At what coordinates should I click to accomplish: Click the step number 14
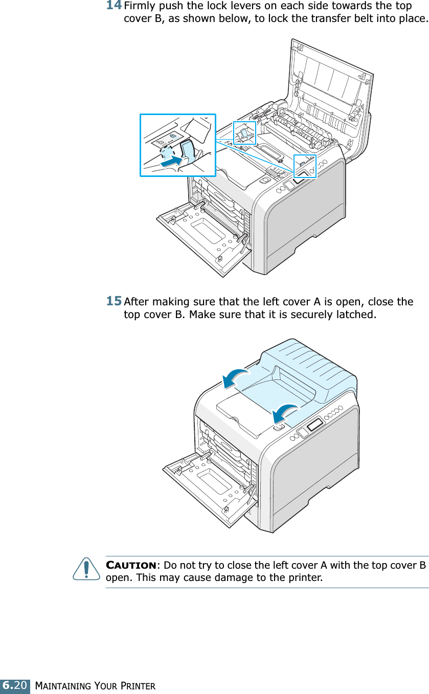tap(114, 7)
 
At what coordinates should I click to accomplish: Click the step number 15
tap(114, 301)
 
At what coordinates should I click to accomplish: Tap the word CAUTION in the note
tap(131, 566)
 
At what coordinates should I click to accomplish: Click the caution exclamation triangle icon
tap(86, 570)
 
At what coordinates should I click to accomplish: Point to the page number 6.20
tap(15, 685)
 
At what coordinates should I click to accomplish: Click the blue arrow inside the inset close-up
tap(171, 161)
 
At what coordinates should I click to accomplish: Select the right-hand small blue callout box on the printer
tap(305, 166)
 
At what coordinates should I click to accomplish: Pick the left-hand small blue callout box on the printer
tap(244, 133)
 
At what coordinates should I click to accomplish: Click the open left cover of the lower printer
tap(205, 486)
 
